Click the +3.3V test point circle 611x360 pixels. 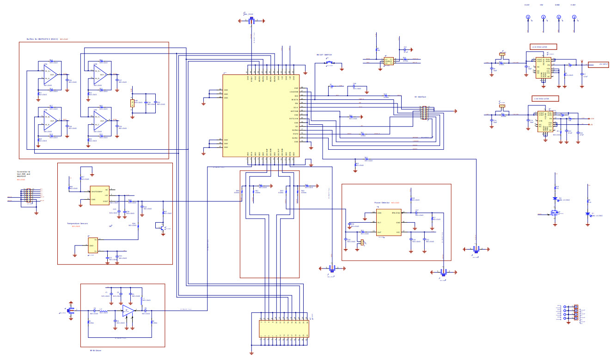pos(528,18)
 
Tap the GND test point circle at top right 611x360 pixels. pos(559,18)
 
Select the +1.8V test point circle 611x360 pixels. pos(574,18)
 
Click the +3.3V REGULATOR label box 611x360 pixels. pos(543,47)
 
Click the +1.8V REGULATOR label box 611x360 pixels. pos(545,98)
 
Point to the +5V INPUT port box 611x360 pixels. pos(598,64)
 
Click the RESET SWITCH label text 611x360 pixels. pos(324,55)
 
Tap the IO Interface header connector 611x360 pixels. pos(423,113)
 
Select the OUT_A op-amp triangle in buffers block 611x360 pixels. pos(49,74)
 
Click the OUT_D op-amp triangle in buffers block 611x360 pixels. pos(100,74)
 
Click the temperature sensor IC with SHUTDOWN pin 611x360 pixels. pos(99,195)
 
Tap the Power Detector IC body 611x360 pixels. pos(388,222)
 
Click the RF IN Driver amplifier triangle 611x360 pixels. pos(128,311)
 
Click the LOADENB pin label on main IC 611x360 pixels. pos(293,92)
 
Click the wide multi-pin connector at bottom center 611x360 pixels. pos(284,329)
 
